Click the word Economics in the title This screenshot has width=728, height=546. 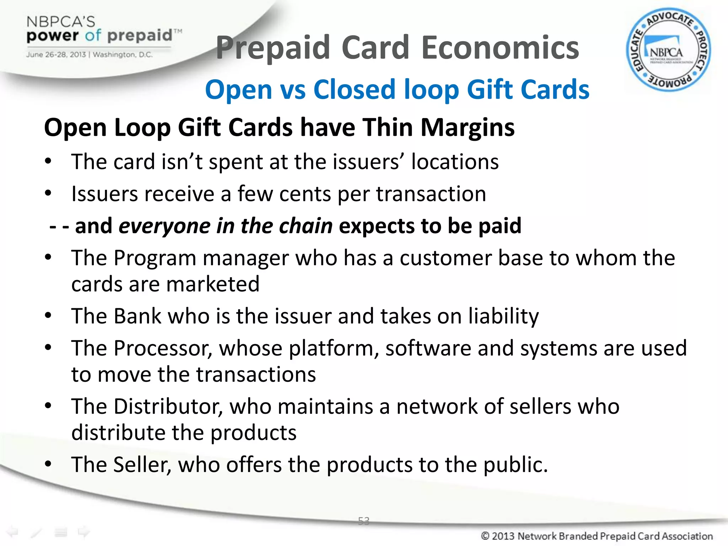coord(500,48)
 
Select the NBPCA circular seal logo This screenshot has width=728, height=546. coord(668,50)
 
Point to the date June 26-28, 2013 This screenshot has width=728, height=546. coord(56,55)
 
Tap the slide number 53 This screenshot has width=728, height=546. coord(364,521)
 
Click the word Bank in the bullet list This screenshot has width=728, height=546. coord(138,316)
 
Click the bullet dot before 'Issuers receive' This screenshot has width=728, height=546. coord(48,193)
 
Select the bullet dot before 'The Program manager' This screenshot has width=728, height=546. coord(48,257)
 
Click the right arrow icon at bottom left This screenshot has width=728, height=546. coord(84,532)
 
